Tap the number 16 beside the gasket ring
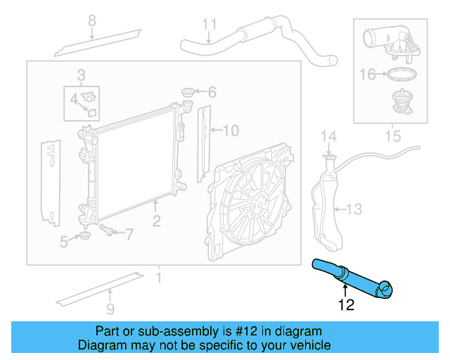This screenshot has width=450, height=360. click(368, 72)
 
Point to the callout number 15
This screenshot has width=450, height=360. click(392, 133)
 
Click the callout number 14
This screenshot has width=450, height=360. click(329, 136)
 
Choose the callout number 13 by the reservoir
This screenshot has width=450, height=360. click(354, 209)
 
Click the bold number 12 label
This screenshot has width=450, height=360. click(347, 304)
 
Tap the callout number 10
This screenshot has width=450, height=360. click(231, 129)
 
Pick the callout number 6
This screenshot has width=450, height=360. click(212, 92)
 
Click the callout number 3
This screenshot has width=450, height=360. click(82, 75)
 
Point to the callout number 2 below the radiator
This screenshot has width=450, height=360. click(156, 221)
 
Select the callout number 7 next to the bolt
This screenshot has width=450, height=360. click(129, 233)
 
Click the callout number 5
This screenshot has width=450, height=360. click(64, 242)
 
